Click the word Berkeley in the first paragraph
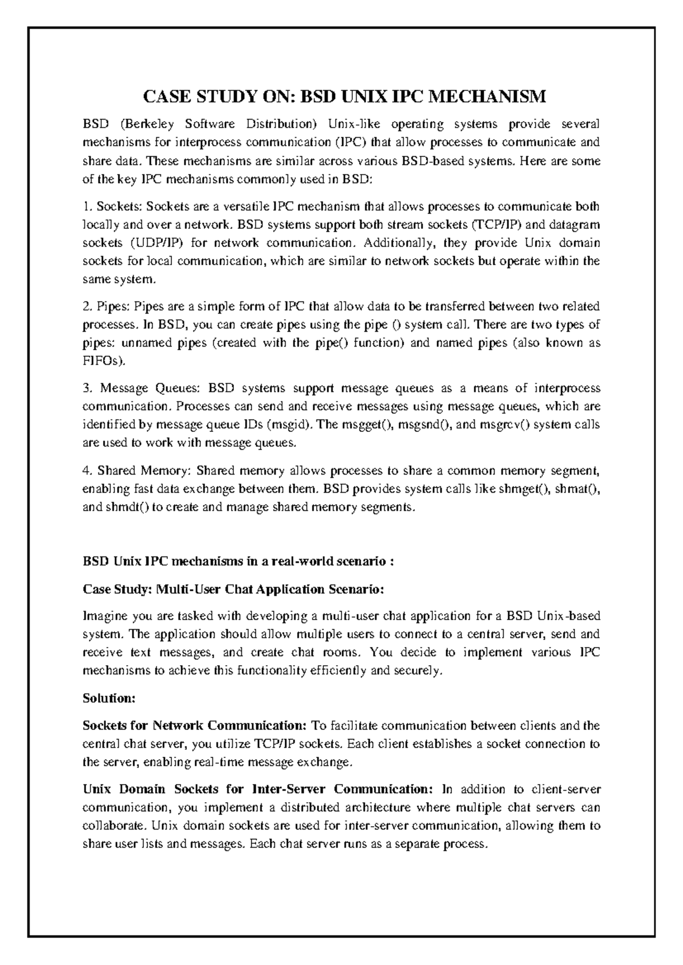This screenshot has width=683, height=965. pyautogui.click(x=145, y=124)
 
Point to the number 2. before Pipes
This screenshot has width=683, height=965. pyautogui.click(x=87, y=307)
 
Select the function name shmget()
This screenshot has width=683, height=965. pyautogui.click(x=521, y=489)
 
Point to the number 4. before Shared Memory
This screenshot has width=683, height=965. pyautogui.click(x=87, y=471)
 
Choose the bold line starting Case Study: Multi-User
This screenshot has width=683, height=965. pyautogui.click(x=233, y=589)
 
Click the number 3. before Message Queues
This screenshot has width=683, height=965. pyautogui.click(x=87, y=388)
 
